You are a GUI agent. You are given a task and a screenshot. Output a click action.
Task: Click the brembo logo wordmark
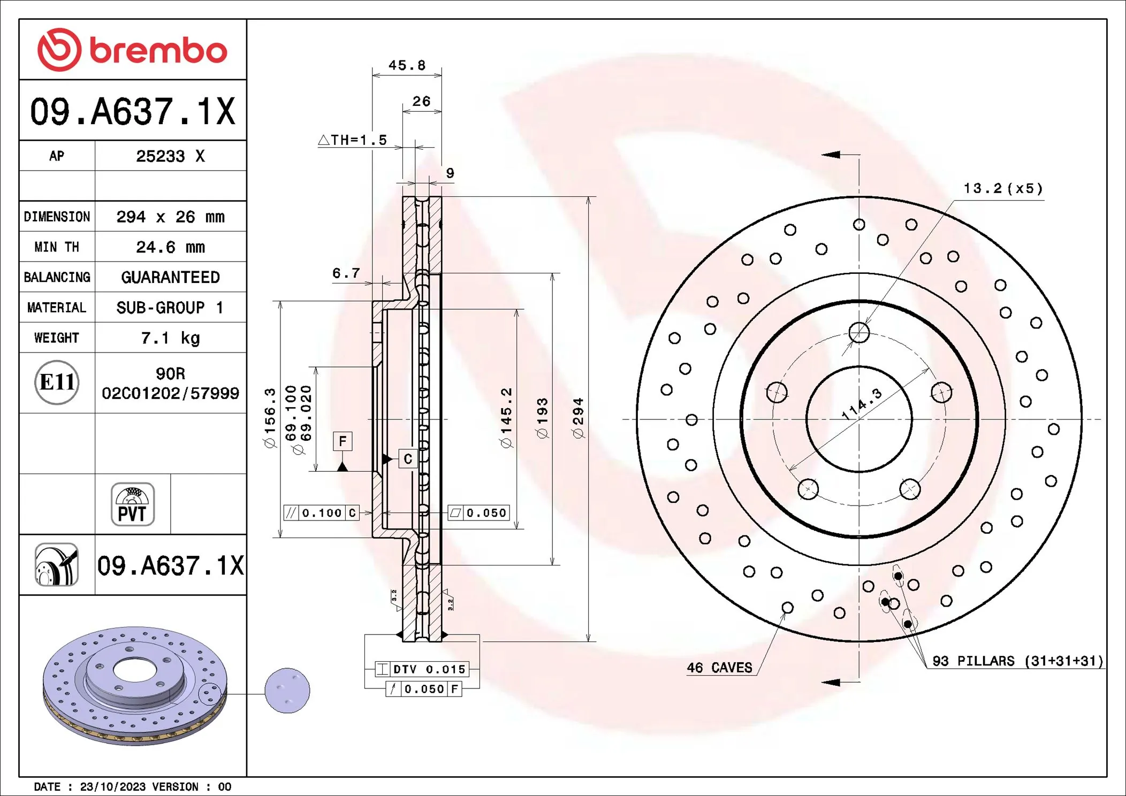click(158, 51)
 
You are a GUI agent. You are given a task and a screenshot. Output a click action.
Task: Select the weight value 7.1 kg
click(170, 338)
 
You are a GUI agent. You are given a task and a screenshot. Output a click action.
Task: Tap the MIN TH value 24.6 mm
click(170, 247)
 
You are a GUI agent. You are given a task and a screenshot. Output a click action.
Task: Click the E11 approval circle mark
click(57, 382)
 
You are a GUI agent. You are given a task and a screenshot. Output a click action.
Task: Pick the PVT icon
click(133, 504)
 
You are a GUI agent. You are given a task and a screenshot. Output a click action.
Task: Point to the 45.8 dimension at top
click(407, 65)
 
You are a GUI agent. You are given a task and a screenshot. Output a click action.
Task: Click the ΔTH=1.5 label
click(353, 140)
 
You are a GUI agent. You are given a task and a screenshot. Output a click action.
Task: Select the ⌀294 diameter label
click(578, 418)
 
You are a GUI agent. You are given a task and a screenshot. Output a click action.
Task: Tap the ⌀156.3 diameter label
click(270, 418)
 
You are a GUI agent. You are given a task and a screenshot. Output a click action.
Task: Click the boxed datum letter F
click(343, 441)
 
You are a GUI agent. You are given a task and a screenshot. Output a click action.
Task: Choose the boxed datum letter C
click(408, 458)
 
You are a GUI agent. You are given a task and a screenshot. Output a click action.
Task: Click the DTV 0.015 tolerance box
click(422, 669)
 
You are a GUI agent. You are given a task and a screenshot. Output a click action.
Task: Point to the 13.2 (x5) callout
click(1003, 188)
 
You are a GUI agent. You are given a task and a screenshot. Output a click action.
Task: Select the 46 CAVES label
click(719, 668)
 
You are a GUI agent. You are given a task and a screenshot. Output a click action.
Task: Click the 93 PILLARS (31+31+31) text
click(1017, 661)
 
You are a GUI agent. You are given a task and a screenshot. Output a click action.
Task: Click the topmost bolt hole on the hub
click(859, 332)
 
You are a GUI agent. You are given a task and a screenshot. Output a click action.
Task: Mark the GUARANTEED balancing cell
click(170, 277)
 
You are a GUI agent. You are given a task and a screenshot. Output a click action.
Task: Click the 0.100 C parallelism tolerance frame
click(321, 513)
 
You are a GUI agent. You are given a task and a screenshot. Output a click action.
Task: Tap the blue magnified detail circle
click(287, 691)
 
